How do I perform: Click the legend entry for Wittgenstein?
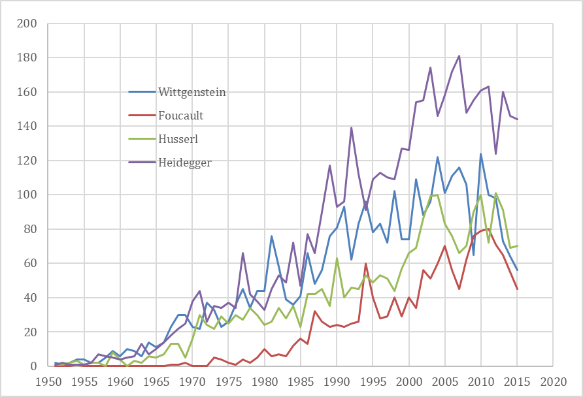click(192, 92)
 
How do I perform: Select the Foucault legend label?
click(181, 116)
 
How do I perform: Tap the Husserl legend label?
click(178, 139)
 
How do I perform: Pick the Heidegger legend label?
click(185, 163)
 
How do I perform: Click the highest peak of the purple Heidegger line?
click(459, 56)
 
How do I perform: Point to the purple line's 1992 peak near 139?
click(352, 128)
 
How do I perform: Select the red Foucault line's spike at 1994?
click(366, 263)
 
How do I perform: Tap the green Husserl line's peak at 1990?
click(337, 259)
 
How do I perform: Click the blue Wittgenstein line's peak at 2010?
click(481, 154)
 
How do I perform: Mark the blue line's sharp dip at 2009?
click(474, 255)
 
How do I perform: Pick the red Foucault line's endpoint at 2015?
click(517, 289)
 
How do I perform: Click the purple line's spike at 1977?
click(243, 253)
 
